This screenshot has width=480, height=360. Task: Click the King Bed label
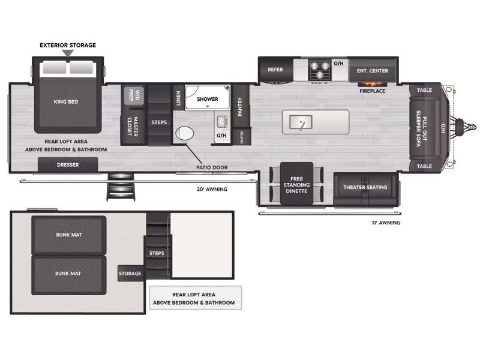[x=66, y=102]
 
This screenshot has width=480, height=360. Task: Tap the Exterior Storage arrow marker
[x=68, y=53]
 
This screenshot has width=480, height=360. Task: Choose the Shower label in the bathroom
[x=208, y=99]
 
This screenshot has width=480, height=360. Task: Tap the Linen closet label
[x=178, y=98]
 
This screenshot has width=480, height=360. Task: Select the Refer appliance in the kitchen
[x=275, y=70]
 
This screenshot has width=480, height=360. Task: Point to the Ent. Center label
[x=372, y=71]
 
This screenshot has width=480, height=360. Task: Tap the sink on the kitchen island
[x=300, y=123]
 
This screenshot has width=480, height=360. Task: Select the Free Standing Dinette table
[x=296, y=184]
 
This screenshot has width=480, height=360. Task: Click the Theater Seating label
[x=365, y=187]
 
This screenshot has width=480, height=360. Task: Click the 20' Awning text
[x=212, y=189]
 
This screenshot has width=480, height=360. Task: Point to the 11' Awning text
[x=385, y=223]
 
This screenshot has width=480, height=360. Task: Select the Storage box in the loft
[x=130, y=274]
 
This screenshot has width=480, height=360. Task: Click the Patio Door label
[x=212, y=167]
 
